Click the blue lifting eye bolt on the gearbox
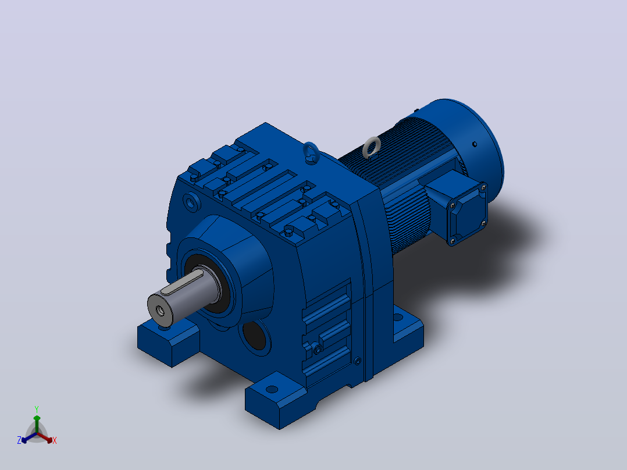pos(311,152)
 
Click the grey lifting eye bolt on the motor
pos(371,146)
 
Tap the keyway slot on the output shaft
pos(182,282)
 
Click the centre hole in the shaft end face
pos(161,310)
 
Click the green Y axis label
pos(37,409)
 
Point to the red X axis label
pos(55,440)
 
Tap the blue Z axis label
pos(19,440)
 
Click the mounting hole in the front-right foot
pos(272,389)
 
